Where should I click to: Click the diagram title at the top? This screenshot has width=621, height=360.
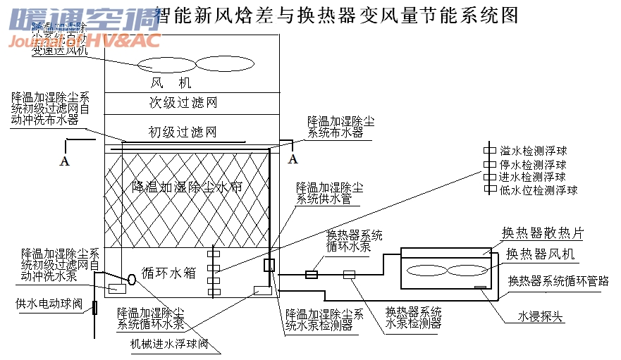pos(335,14)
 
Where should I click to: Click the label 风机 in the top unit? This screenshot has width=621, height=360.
pos(171,83)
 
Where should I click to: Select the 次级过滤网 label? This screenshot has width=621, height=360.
pos(182,103)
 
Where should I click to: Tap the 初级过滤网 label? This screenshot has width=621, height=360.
pos(182,132)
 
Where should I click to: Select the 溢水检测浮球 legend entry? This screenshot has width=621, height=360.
pos(533,151)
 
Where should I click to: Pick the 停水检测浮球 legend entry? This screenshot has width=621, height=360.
pos(533,164)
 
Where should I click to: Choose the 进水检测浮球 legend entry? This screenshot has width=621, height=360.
pos(533,177)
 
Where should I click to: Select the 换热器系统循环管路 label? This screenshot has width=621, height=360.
pos(558,281)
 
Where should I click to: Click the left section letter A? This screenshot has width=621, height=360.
pos(65,161)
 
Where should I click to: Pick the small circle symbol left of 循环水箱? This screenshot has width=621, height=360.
pos(131,280)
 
